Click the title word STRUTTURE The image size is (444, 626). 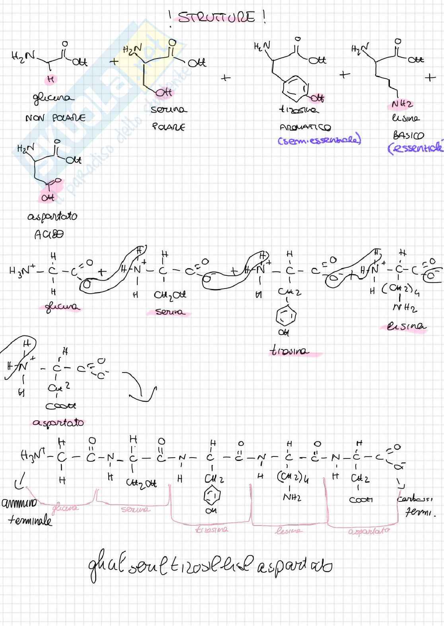(216, 18)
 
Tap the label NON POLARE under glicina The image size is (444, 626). (55, 118)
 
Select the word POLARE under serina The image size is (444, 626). (168, 127)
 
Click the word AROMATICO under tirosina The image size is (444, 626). (305, 127)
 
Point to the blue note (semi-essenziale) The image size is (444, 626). (319, 140)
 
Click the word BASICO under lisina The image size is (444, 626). (408, 135)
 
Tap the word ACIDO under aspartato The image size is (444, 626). (49, 234)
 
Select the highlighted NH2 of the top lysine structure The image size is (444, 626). (402, 104)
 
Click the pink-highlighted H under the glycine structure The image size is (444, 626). (51, 79)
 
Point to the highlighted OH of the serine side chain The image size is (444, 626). (164, 92)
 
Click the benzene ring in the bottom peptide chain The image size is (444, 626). (211, 496)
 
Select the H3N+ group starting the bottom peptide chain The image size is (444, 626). (33, 455)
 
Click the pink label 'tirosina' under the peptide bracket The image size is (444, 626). (212, 529)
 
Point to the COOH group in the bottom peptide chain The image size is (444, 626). (361, 499)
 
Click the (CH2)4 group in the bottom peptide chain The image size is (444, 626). (292, 478)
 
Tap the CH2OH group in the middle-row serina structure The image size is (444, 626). (170, 295)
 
